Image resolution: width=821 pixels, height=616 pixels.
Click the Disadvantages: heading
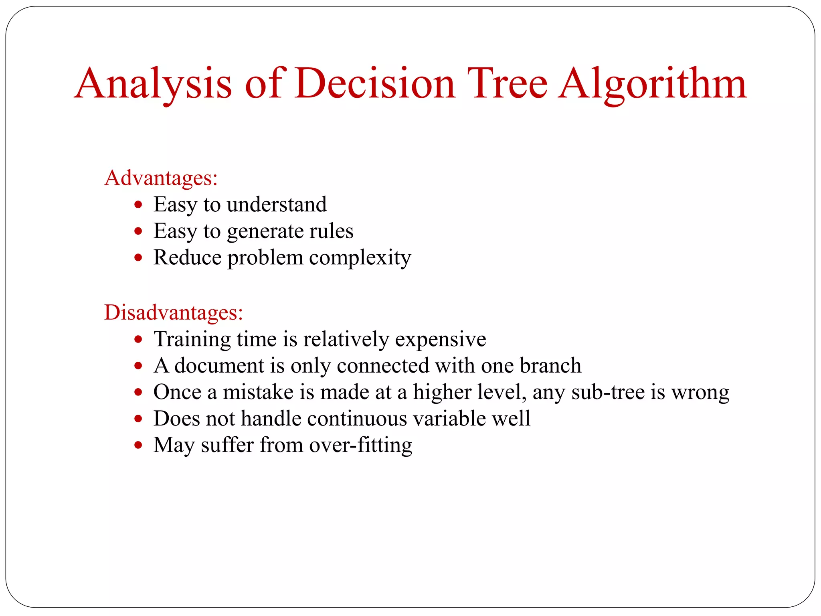[174, 312]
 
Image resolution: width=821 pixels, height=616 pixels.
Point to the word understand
[277, 205]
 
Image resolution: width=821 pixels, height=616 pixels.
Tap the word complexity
[360, 258]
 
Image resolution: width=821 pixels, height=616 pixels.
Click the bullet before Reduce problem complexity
[138, 257]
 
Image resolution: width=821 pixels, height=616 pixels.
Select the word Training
[192, 339]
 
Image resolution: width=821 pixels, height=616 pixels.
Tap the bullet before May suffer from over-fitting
[138, 445]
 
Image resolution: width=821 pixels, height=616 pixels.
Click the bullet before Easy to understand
[138, 205]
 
